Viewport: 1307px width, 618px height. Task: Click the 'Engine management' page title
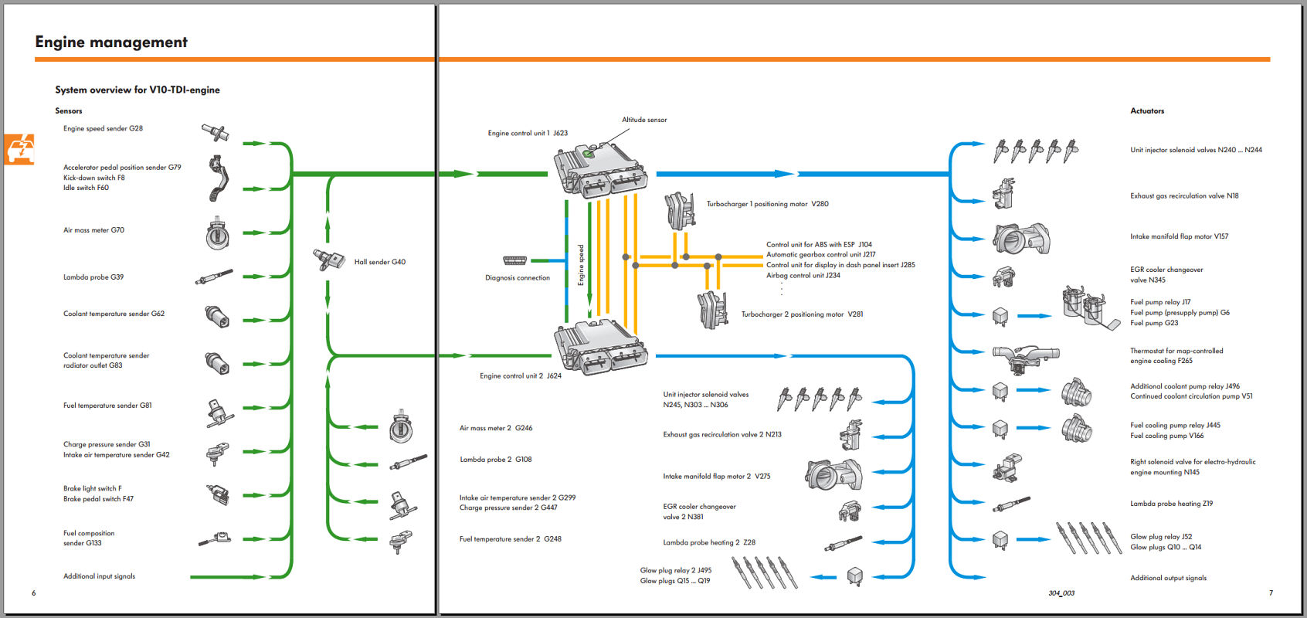click(x=111, y=42)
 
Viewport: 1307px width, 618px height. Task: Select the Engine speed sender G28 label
click(x=103, y=128)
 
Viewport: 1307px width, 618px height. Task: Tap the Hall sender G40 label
click(x=380, y=262)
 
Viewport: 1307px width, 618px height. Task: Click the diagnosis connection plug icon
click(x=514, y=260)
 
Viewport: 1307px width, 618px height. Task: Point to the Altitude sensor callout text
click(x=644, y=120)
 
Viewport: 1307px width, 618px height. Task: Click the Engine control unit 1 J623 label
click(x=528, y=133)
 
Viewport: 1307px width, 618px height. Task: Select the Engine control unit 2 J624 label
click(x=521, y=375)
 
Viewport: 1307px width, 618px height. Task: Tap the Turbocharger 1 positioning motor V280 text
click(x=767, y=204)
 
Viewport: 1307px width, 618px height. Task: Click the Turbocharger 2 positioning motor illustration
click(x=712, y=309)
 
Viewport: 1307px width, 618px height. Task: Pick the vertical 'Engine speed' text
click(x=581, y=265)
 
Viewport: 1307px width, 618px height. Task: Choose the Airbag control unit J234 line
click(x=803, y=276)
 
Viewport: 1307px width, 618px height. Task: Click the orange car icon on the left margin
click(x=19, y=149)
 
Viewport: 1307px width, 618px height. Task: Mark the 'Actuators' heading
click(x=1147, y=111)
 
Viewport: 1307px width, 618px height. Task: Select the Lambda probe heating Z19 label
click(x=1171, y=504)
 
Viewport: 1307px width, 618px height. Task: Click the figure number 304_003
click(x=1061, y=593)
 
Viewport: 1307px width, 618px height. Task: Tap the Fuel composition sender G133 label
click(x=89, y=538)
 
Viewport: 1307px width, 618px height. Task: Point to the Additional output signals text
click(x=1168, y=578)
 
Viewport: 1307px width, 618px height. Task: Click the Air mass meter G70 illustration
click(x=217, y=233)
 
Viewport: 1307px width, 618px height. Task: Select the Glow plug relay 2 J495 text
click(x=676, y=570)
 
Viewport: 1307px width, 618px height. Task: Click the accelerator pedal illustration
click(x=219, y=178)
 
